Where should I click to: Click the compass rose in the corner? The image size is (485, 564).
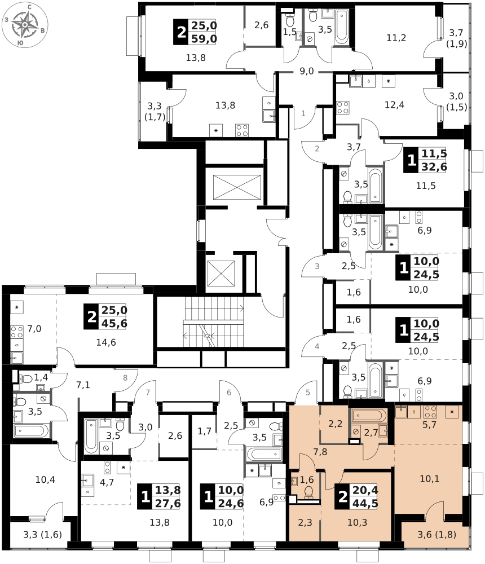[25, 24]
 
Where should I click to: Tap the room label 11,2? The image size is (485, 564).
[396, 38]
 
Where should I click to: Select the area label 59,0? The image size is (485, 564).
[204, 38]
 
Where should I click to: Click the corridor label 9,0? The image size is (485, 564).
[307, 71]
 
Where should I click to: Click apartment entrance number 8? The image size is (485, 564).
[125, 378]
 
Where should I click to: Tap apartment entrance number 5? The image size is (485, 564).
[308, 393]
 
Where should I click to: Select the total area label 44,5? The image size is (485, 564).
[365, 503]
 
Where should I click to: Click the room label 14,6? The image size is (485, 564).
[106, 342]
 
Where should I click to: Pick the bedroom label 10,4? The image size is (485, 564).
[45, 479]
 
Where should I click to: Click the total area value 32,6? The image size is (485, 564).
[434, 167]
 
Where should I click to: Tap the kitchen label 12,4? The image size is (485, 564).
[395, 105]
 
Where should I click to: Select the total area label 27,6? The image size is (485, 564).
[168, 503]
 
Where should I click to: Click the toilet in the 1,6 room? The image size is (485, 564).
[309, 492]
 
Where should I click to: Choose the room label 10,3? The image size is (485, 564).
[358, 522]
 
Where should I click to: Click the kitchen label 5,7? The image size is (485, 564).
[429, 425]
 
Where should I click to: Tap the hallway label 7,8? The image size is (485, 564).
[320, 452]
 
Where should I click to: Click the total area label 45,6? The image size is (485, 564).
[114, 323]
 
